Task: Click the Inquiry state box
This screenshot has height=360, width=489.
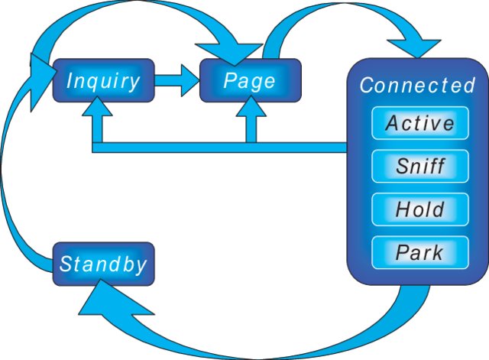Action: tap(103, 80)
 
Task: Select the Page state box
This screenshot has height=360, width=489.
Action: tap(250, 80)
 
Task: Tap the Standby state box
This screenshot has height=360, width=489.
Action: tap(103, 264)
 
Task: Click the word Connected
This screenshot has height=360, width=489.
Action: tap(417, 85)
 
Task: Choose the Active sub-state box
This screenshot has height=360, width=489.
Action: tap(419, 123)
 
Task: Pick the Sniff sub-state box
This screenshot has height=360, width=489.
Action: tap(419, 166)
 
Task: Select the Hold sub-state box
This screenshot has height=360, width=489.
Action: tap(419, 209)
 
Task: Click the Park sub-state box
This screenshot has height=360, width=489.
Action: tap(419, 251)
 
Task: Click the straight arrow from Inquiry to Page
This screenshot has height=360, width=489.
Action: tap(176, 80)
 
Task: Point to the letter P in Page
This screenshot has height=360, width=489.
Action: tap(230, 80)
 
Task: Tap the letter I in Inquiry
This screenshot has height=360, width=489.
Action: tap(70, 80)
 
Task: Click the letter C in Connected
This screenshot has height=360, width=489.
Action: tap(366, 85)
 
